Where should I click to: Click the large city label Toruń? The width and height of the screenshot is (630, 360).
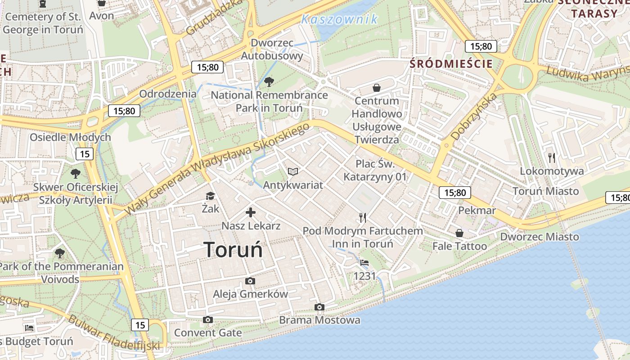pos(233,249)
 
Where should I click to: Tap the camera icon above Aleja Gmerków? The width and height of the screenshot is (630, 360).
pos(250,281)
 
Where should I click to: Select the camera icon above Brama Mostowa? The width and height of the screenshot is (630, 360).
pos(319,307)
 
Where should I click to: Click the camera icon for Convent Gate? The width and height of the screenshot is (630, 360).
pos(207,320)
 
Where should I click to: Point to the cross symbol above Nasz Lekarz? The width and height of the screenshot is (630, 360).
pos(251,212)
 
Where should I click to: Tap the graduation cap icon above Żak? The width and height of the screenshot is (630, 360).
pos(210,196)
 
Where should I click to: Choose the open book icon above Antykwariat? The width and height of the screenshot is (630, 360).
pos(293,172)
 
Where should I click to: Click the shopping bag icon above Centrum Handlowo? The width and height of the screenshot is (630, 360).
pos(377,88)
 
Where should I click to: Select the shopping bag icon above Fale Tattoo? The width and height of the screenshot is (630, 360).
pos(459,233)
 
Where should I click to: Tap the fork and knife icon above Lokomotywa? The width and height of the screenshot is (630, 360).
pos(552,158)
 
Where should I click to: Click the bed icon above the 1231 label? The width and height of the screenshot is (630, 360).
pos(364,263)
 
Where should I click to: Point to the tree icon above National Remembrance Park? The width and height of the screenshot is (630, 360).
pos(269,82)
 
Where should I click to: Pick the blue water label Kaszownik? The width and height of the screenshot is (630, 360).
pos(339,19)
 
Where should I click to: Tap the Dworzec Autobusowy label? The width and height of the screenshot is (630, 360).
pos(272,49)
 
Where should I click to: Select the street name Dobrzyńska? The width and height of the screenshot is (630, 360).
pos(474,116)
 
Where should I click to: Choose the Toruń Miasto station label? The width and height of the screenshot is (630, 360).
pos(546,191)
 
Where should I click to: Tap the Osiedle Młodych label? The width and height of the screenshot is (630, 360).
pos(70,137)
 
